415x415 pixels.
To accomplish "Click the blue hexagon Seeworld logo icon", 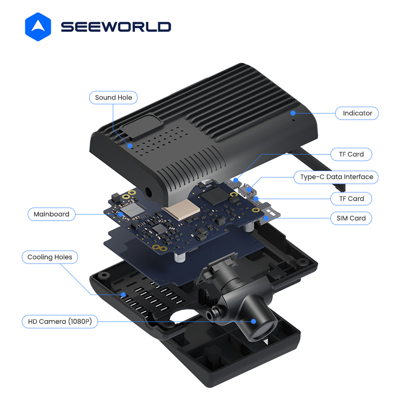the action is [x=38, y=27].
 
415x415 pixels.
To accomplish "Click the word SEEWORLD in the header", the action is [x=116, y=27].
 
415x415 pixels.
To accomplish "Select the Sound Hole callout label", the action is [x=113, y=98].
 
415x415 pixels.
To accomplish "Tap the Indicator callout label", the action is [x=357, y=113].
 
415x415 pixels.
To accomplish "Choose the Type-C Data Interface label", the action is [x=336, y=177].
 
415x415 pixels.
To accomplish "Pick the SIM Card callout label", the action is [x=351, y=218].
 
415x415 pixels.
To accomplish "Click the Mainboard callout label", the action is [x=51, y=214].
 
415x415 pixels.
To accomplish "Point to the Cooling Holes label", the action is [x=50, y=257].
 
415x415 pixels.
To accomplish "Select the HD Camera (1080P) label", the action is [x=60, y=322].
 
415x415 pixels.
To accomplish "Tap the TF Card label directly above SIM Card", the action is [x=351, y=199].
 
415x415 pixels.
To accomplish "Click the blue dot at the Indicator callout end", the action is [x=293, y=113].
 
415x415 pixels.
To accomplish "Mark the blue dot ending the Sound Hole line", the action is [x=130, y=146].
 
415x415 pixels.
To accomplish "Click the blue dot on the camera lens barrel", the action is [x=254, y=321].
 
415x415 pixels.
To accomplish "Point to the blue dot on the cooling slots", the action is [x=123, y=295].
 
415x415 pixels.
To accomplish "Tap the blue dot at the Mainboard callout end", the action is [x=120, y=214].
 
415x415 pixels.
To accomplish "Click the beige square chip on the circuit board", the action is [x=182, y=210].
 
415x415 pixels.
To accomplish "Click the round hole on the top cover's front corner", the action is [x=148, y=193].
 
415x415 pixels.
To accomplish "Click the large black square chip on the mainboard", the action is [x=215, y=197].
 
